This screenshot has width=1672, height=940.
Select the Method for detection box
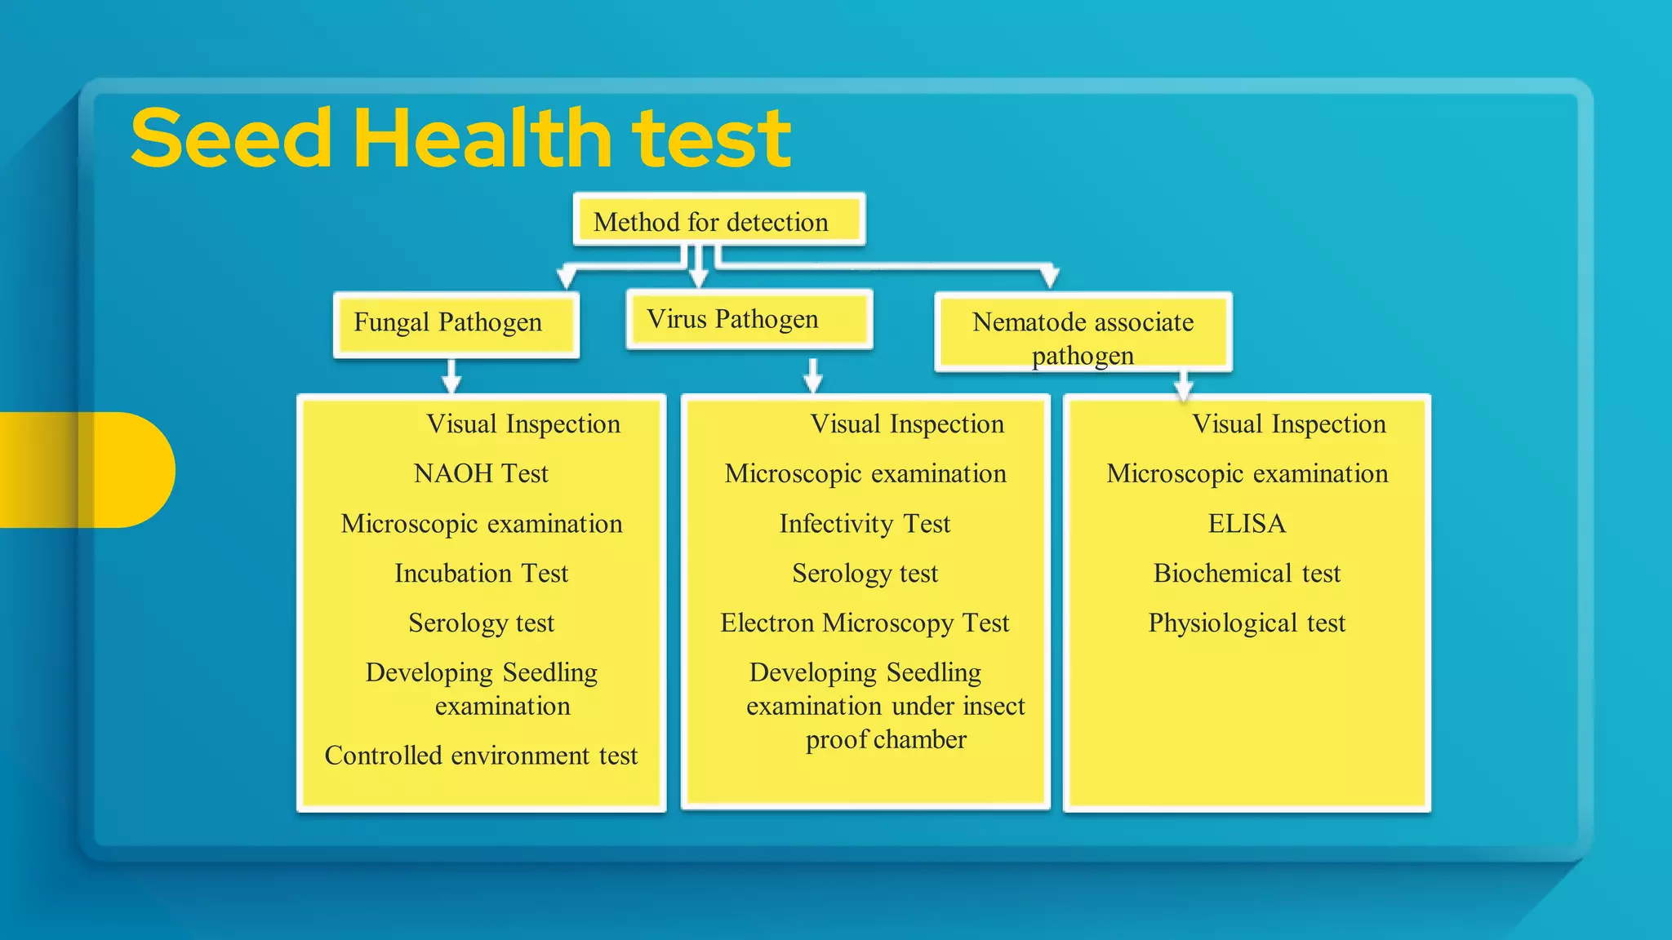click(718, 220)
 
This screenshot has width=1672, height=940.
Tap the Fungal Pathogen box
click(456, 323)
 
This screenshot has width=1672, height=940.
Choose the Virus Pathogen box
click(748, 319)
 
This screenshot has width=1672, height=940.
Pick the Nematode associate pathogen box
click(1083, 333)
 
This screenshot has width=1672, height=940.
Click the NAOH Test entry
click(481, 473)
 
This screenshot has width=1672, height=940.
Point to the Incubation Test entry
click(481, 573)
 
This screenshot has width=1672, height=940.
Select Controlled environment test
click(481, 756)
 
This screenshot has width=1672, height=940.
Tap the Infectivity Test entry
click(865, 523)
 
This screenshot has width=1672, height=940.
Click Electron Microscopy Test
click(865, 623)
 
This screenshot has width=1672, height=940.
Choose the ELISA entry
click(1247, 523)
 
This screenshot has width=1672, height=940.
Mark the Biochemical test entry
click(1247, 573)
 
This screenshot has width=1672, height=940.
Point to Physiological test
click(1247, 623)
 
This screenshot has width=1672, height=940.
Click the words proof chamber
click(886, 740)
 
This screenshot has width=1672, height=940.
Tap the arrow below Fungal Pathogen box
click(451, 377)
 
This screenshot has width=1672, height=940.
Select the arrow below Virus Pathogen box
click(812, 375)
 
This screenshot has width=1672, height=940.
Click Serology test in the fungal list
click(481, 623)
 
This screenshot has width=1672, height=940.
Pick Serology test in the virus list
click(865, 573)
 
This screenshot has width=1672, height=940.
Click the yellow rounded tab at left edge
click(90, 470)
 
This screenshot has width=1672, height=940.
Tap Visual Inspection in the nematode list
click(1289, 424)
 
